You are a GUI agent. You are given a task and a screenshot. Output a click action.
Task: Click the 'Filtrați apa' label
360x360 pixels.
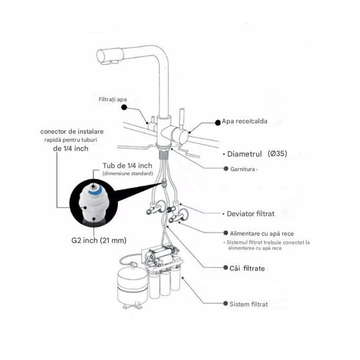click(113, 99)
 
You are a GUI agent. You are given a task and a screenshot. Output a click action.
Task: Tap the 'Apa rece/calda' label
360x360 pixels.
click(244, 121)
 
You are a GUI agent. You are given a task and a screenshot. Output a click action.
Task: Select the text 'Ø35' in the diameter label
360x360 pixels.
click(277, 153)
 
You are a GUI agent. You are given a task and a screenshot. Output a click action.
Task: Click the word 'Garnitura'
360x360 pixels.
click(242, 169)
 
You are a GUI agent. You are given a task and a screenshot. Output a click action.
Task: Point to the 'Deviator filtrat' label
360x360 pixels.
click(250, 214)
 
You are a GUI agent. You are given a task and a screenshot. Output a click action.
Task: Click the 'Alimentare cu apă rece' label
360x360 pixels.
click(262, 233)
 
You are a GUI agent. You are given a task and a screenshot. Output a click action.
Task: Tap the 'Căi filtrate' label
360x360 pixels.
click(247, 268)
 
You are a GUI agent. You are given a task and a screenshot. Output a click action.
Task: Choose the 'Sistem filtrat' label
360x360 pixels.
click(248, 304)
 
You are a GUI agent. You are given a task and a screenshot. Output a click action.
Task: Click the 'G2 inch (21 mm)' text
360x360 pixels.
click(99, 240)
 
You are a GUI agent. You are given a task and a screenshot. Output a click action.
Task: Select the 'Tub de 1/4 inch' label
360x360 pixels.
click(128, 166)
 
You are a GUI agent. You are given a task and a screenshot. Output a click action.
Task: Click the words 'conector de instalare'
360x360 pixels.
click(72, 132)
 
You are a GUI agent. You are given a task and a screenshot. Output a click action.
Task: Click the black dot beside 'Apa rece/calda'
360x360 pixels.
click(218, 123)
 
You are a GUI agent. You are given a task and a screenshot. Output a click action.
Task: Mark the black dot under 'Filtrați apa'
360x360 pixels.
click(124, 107)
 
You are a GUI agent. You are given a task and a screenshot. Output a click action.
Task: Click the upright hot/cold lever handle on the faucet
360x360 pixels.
click(182, 118)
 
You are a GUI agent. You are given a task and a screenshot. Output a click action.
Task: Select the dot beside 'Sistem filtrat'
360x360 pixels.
click(225, 303)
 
